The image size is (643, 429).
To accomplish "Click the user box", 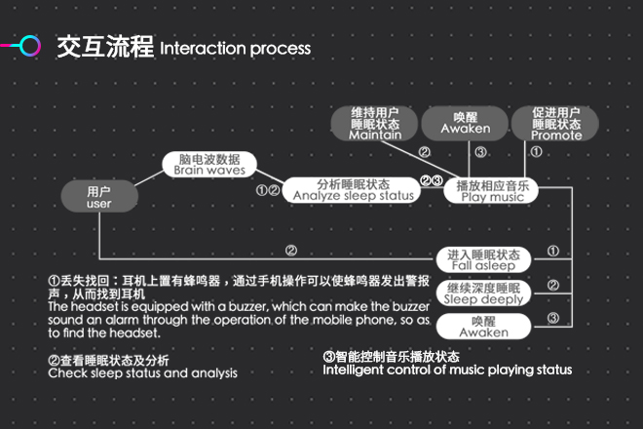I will pyautogui.click(x=99, y=198).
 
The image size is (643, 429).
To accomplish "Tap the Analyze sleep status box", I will pyautogui.click(x=354, y=190).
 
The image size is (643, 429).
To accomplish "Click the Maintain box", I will pyautogui.click(x=375, y=123).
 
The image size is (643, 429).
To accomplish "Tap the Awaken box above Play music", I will pyautogui.click(x=465, y=123).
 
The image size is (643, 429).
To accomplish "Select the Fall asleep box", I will pyautogui.click(x=482, y=259).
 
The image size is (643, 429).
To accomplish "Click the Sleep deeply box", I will pyautogui.click(x=483, y=292).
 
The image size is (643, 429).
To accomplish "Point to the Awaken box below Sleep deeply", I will pyautogui.click(x=483, y=326).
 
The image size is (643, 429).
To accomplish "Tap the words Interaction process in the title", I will pyautogui.click(x=235, y=48).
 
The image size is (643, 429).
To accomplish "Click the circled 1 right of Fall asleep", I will pyautogui.click(x=552, y=252).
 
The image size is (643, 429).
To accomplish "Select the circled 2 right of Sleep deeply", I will pyautogui.click(x=552, y=286).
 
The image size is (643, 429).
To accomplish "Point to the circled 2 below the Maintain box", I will pyautogui.click(x=424, y=152).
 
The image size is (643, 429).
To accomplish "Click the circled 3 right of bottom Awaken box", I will pyautogui.click(x=552, y=318).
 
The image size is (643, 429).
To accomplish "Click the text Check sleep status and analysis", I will pyautogui.click(x=142, y=373).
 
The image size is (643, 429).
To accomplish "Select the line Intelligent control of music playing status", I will pyautogui.click(x=447, y=370).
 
